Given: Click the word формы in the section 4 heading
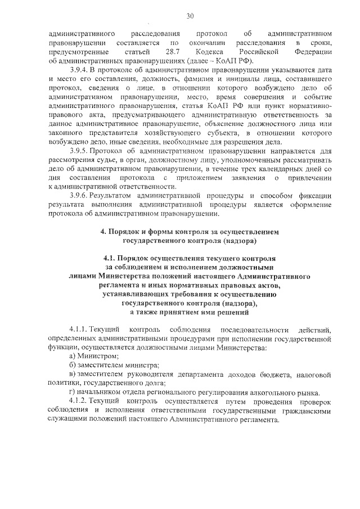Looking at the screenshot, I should [x=155, y=232].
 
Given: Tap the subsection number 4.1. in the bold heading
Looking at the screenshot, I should [x=120, y=258].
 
